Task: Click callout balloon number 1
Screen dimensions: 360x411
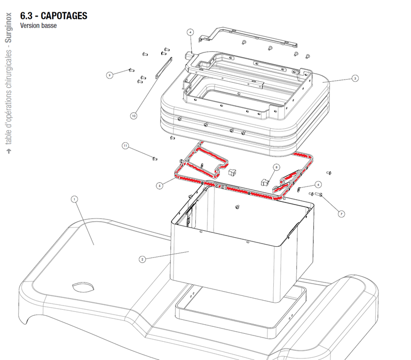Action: click(x=74, y=199)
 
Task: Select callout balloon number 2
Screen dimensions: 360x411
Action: click(x=143, y=259)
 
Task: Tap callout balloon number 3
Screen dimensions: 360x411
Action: click(x=355, y=78)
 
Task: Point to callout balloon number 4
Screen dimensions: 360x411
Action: click(x=189, y=32)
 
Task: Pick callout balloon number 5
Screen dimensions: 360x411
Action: click(x=159, y=185)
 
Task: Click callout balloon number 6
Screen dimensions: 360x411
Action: click(x=318, y=184)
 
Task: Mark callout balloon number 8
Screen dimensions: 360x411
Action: click(x=276, y=167)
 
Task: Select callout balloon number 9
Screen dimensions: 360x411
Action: click(x=109, y=75)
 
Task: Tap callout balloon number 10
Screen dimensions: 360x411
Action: click(x=133, y=115)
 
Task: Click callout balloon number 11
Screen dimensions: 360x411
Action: click(x=125, y=145)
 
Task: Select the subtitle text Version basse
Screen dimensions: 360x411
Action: click(x=38, y=26)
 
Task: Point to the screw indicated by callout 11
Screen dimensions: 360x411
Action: click(x=154, y=158)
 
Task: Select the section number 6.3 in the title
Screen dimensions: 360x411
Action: click(x=27, y=16)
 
